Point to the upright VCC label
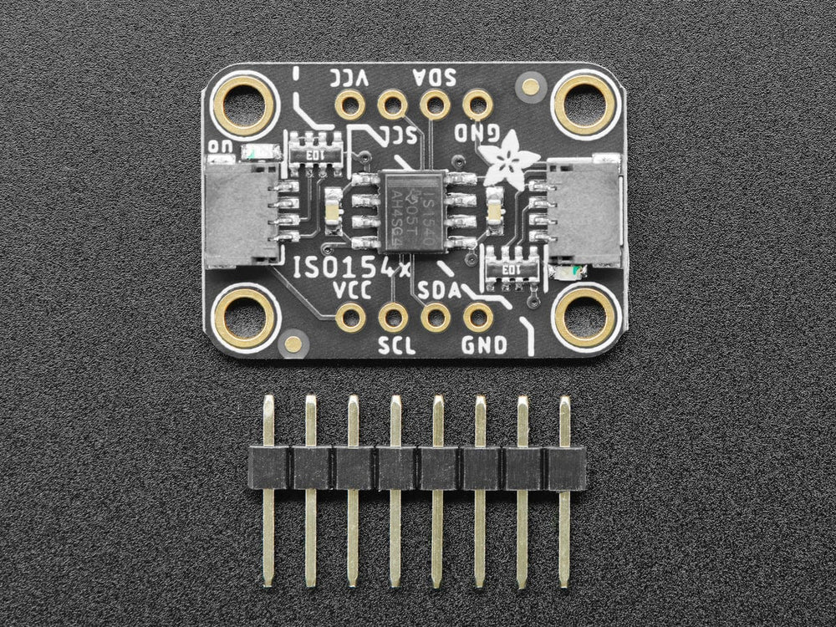(x=351, y=289)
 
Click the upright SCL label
(x=396, y=345)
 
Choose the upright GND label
(x=483, y=345)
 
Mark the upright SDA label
(x=440, y=289)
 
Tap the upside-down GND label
(x=477, y=133)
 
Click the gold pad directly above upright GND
(x=478, y=317)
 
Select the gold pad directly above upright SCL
(x=392, y=317)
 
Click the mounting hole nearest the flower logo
(x=584, y=103)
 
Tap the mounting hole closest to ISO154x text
(x=244, y=317)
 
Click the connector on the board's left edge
(x=239, y=212)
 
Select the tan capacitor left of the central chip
(x=332, y=206)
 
